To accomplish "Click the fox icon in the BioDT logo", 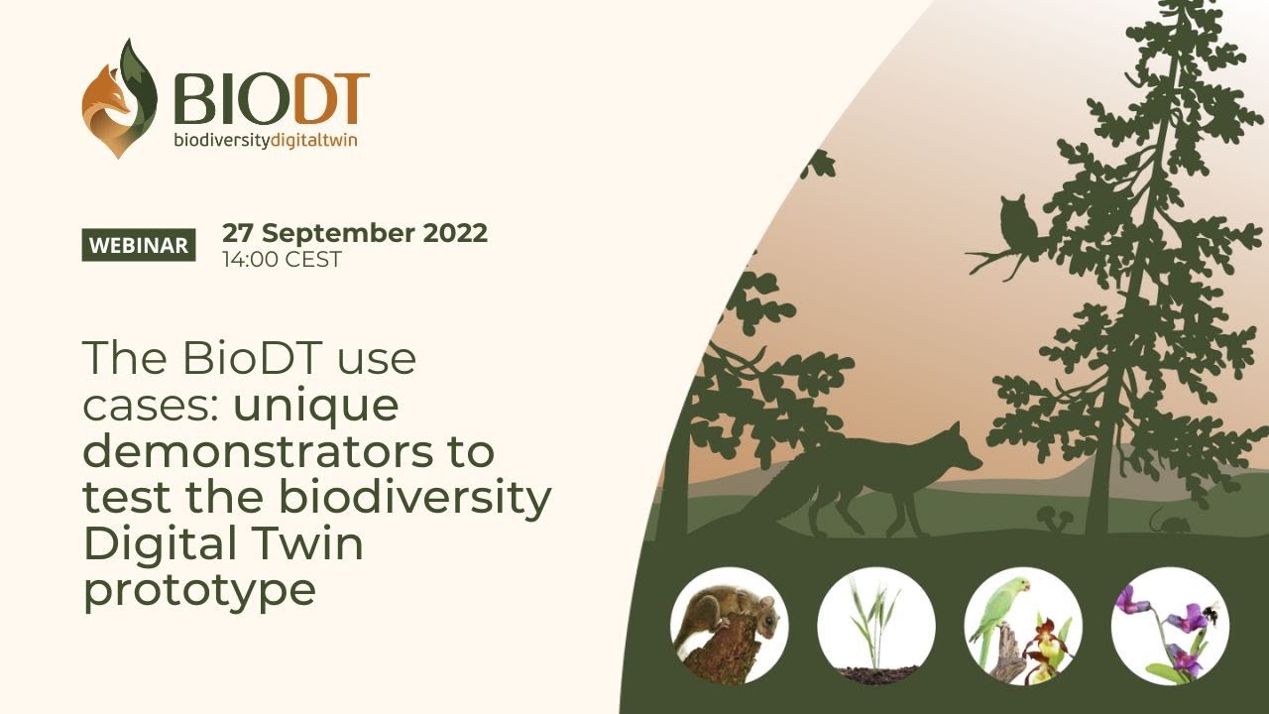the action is pyautogui.click(x=119, y=98).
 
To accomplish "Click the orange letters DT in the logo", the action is pyautogui.click(x=332, y=99).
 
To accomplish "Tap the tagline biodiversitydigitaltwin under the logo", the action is pyautogui.click(x=266, y=140).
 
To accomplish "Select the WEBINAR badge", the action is pyautogui.click(x=139, y=245).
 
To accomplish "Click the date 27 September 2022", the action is pyautogui.click(x=355, y=233).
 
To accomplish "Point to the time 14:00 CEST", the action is pyautogui.click(x=283, y=260).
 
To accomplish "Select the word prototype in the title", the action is pyautogui.click(x=199, y=592).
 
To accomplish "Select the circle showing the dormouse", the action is pyautogui.click(x=729, y=626).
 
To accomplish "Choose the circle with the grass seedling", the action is pyautogui.click(x=876, y=626).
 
